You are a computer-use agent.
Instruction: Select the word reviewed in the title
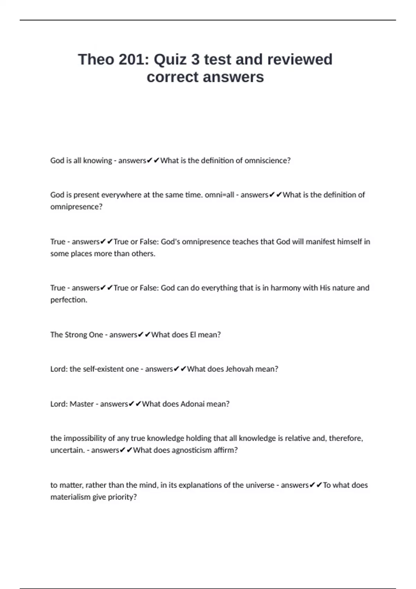point(300,60)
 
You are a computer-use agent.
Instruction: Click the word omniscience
point(267,160)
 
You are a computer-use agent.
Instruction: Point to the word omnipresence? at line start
point(76,207)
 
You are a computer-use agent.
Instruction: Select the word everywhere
point(117,195)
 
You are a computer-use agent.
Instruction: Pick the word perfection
point(69,300)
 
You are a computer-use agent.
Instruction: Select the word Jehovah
point(239,369)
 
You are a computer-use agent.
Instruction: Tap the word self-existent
point(104,369)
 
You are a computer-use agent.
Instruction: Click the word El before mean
point(193,335)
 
